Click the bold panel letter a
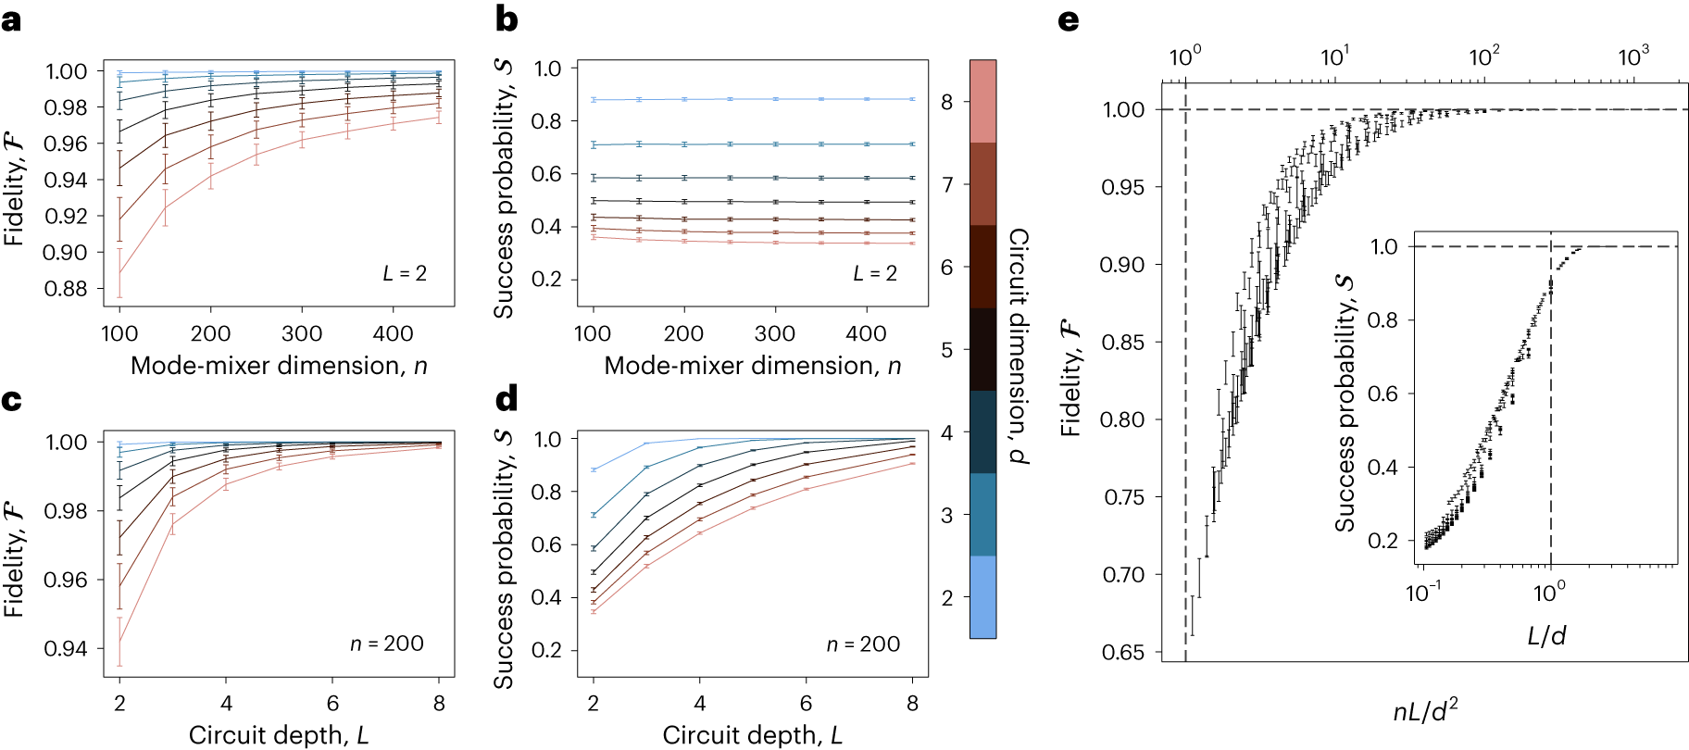click(11, 19)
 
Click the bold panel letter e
click(1069, 19)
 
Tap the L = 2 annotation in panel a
click(405, 273)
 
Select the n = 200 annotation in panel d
click(863, 644)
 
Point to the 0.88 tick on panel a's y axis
click(66, 289)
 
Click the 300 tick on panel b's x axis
click(774, 333)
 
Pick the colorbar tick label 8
click(947, 102)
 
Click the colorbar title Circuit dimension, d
click(1019, 346)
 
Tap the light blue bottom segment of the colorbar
click(982, 596)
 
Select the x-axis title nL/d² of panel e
click(1425, 711)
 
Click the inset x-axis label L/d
click(1546, 635)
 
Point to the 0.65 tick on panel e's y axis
click(1122, 652)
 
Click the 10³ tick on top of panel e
click(1633, 57)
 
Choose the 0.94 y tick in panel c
click(66, 648)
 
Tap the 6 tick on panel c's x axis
click(332, 704)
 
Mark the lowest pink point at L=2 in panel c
click(119, 642)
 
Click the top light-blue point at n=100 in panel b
click(594, 99)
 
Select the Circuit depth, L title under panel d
click(752, 735)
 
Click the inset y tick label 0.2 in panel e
click(1384, 540)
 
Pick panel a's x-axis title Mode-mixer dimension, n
click(279, 366)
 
